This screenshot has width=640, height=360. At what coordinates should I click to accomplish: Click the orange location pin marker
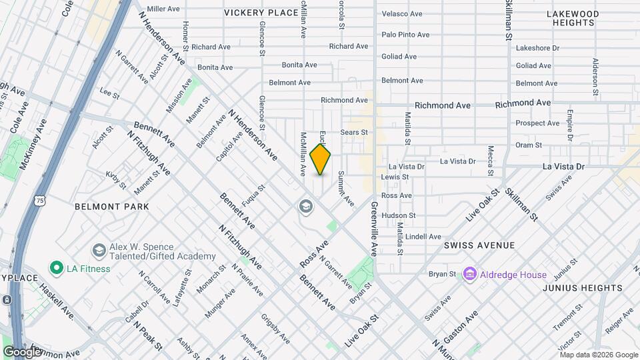[320, 159]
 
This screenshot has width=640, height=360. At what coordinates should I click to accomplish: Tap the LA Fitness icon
[57, 268]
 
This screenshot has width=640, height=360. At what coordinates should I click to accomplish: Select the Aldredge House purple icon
[470, 274]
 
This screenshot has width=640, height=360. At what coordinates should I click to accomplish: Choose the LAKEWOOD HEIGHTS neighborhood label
[573, 18]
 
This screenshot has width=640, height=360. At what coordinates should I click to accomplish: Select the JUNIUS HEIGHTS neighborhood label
[582, 288]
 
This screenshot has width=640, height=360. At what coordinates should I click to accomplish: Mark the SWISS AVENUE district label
[479, 245]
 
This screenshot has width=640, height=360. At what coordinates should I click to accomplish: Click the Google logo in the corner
[22, 351]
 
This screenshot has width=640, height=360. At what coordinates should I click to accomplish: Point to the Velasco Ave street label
[402, 13]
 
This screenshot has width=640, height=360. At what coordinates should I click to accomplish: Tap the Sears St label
[354, 132]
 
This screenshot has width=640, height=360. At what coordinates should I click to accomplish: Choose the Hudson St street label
[399, 215]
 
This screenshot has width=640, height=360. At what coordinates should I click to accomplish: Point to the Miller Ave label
[163, 9]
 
